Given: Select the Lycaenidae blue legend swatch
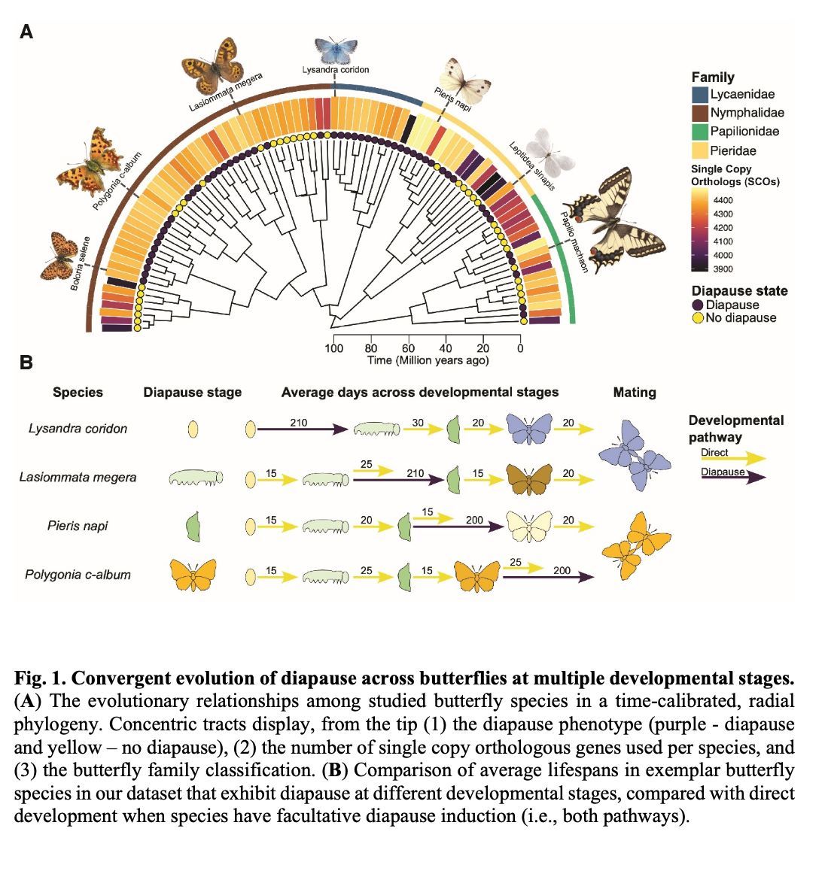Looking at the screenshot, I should coord(699,95).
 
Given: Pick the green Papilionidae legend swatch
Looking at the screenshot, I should coord(699,132).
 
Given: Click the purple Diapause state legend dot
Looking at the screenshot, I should coord(698,305).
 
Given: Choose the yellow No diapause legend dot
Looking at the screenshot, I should coord(698,318).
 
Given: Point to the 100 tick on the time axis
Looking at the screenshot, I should coord(333,348).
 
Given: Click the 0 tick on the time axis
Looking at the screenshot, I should coord(520,348).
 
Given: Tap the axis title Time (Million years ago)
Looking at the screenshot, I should coord(428,360).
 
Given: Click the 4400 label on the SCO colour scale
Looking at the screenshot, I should coord(723,200).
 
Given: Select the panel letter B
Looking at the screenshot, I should coord(26,363).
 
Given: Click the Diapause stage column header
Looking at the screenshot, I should coord(193,393).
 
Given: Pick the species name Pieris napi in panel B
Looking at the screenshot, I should coord(78,526).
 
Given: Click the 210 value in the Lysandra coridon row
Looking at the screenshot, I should coord(299,422).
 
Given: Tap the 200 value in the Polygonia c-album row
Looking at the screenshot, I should coord(562,570).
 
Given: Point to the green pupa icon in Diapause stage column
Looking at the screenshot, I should coord(193,526).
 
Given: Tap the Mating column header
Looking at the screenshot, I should coord(635,393).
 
